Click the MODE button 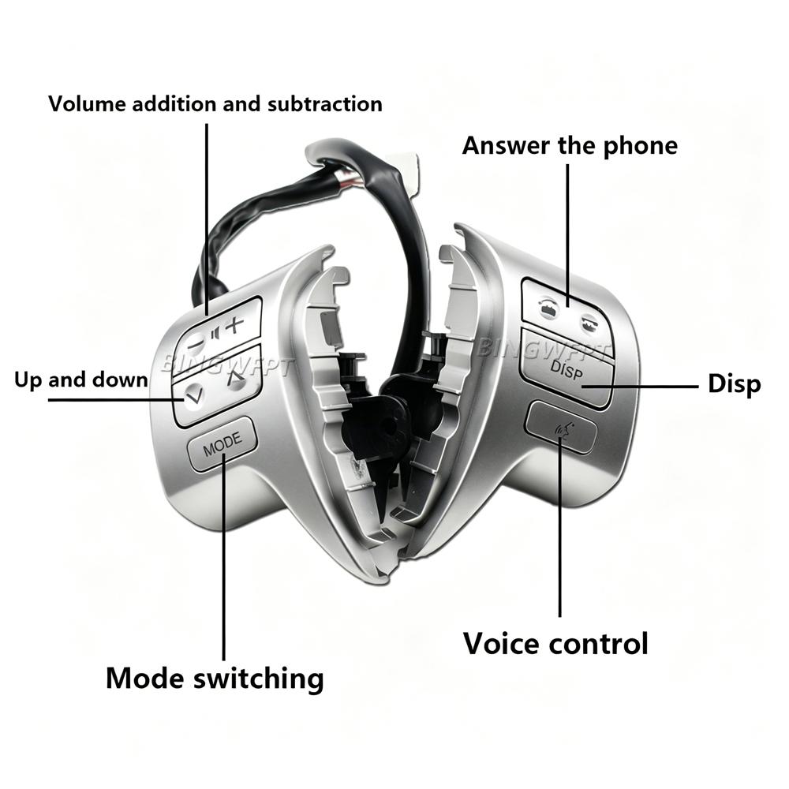pyautogui.click(x=222, y=443)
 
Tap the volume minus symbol pyautogui.click(x=195, y=344)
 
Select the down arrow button pyautogui.click(x=194, y=394)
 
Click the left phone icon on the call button pyautogui.click(x=548, y=306)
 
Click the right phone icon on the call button pyautogui.click(x=587, y=322)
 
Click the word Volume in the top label pyautogui.click(x=87, y=104)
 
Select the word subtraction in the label pyautogui.click(x=325, y=104)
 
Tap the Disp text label pyautogui.click(x=734, y=384)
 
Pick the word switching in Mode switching pyautogui.click(x=259, y=679)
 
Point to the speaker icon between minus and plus pyautogui.click(x=216, y=333)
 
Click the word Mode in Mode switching pyautogui.click(x=145, y=678)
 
